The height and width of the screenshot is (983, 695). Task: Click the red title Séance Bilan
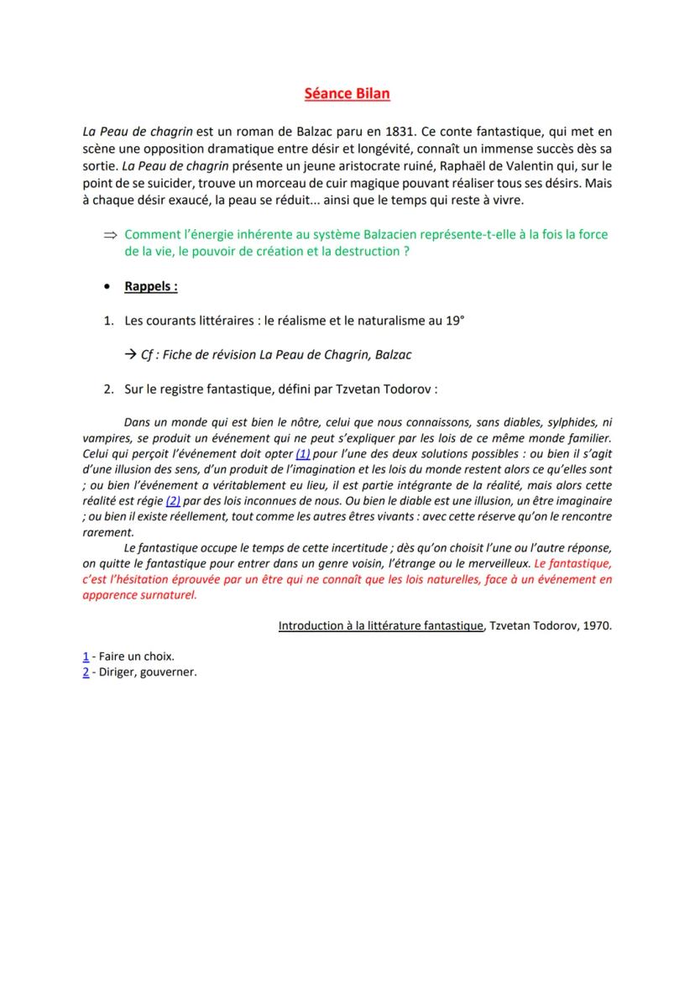pos(347,93)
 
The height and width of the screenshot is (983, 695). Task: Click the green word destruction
pos(365,251)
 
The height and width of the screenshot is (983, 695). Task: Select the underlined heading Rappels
pos(151,286)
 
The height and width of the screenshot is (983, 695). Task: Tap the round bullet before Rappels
pos(108,287)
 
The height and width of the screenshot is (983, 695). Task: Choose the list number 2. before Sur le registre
pos(108,389)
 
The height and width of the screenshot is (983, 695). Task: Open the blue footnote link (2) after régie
pos(173,500)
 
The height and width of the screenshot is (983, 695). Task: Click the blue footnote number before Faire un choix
pos(86,656)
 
